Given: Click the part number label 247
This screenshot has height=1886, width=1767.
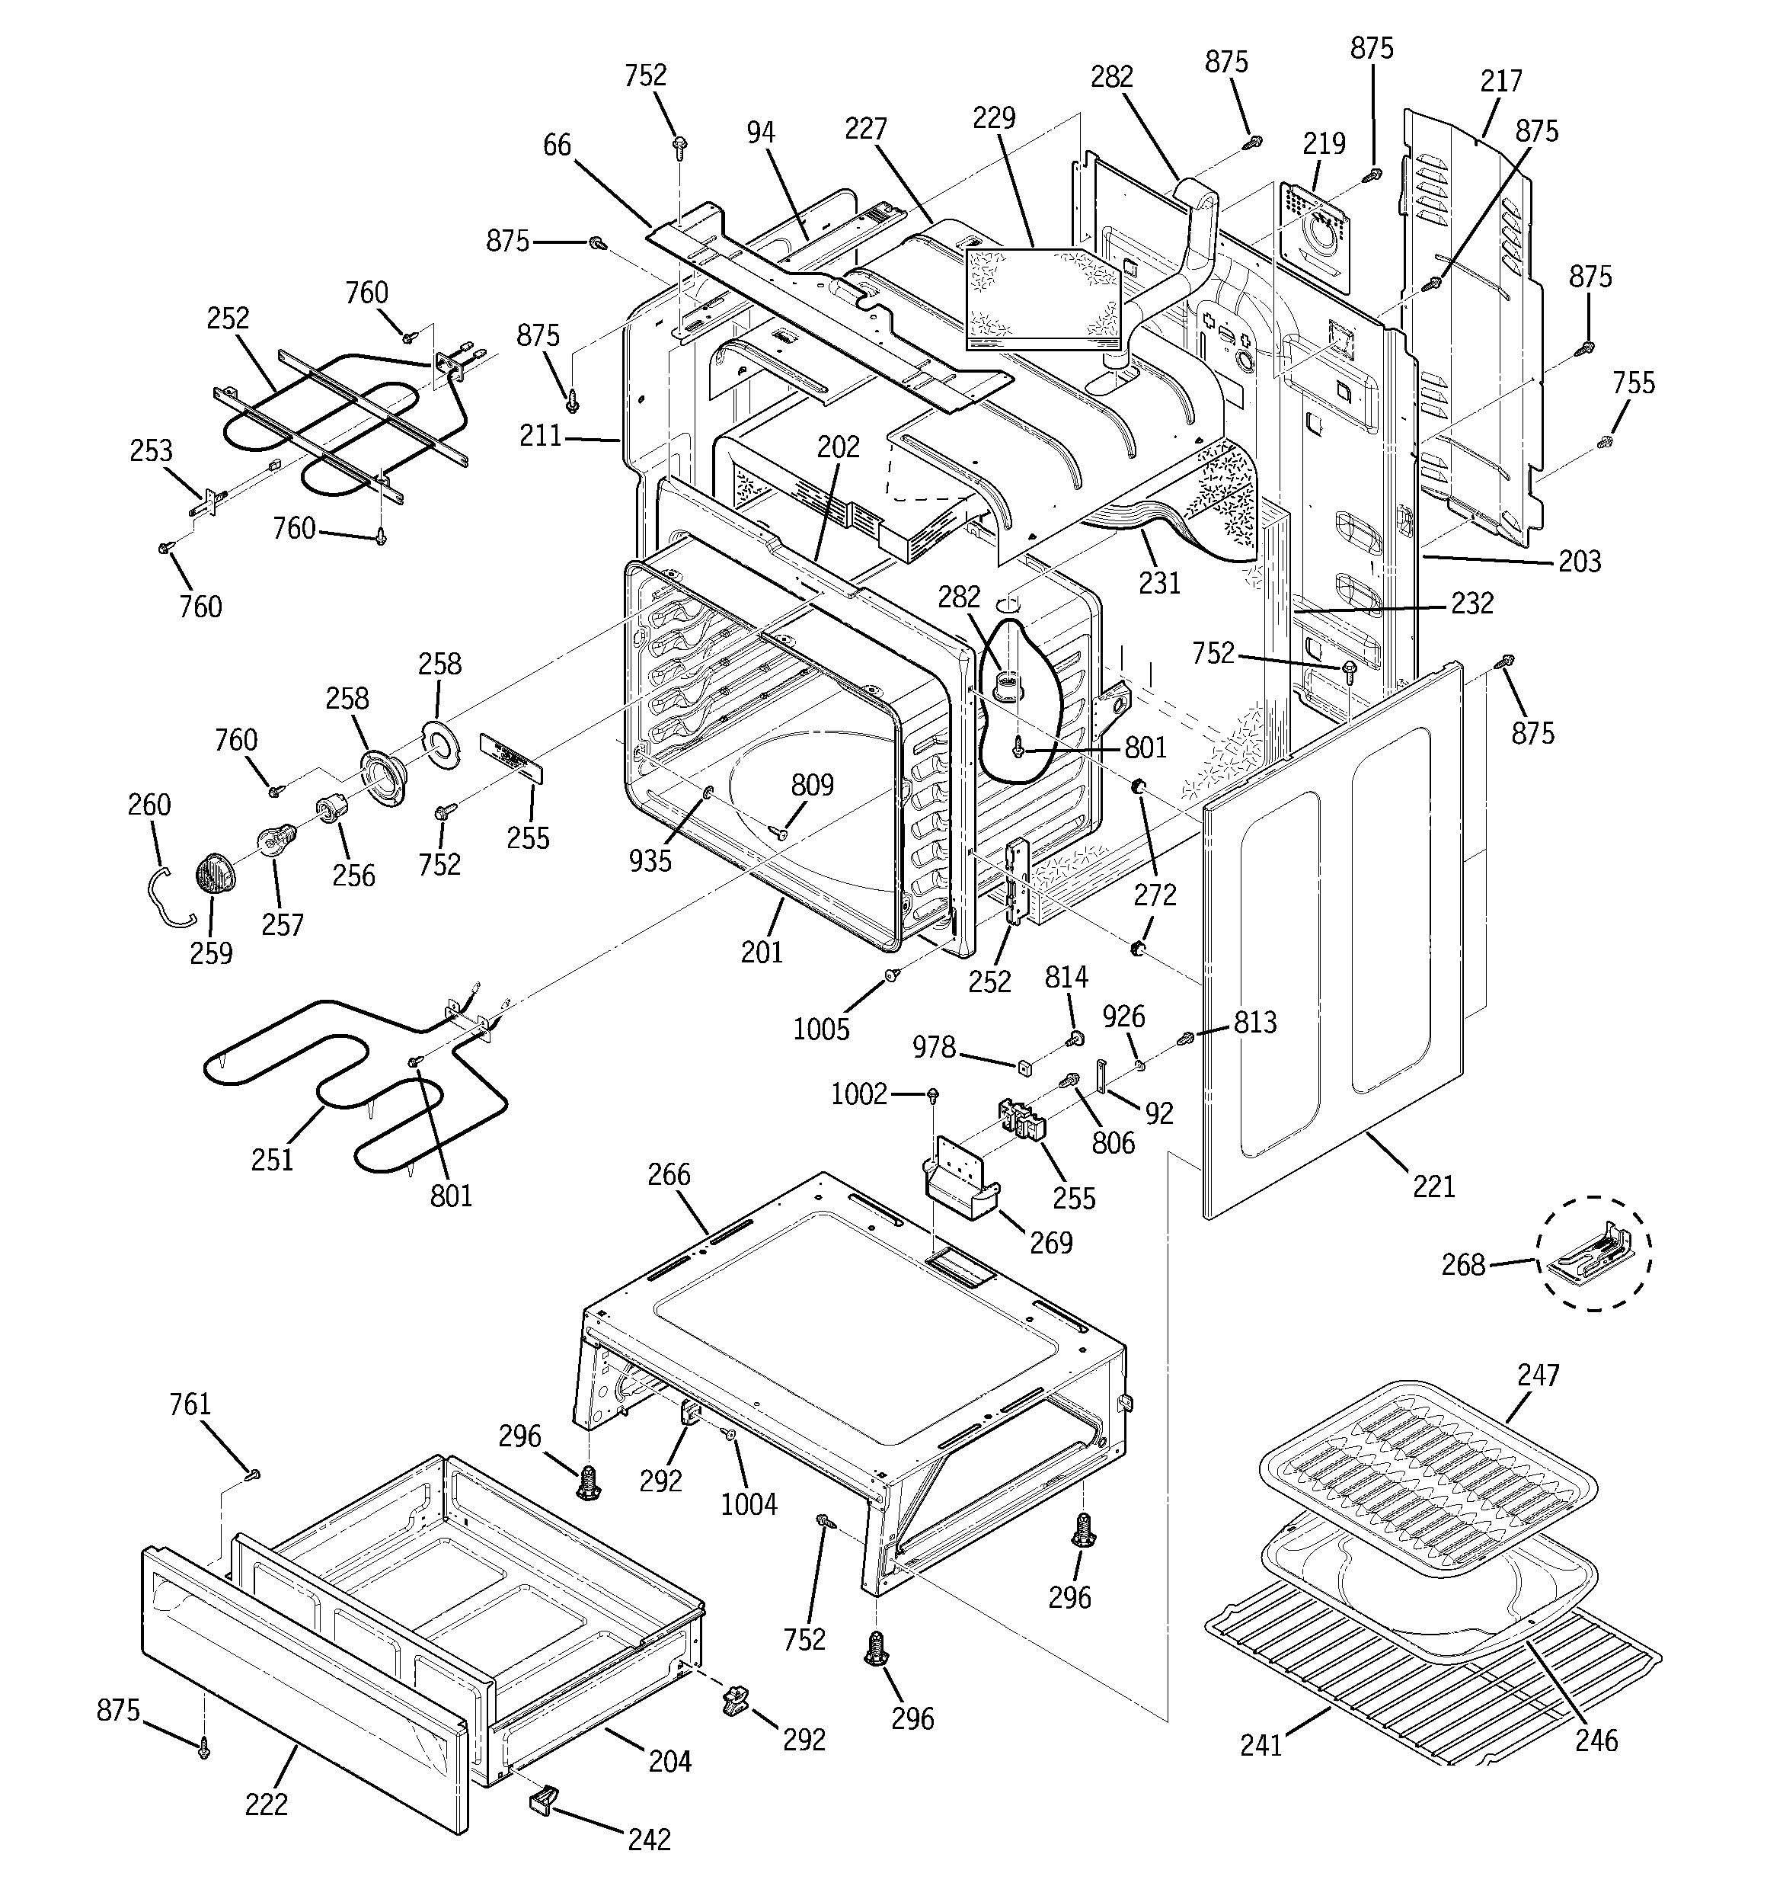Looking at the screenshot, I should click(x=1538, y=1375).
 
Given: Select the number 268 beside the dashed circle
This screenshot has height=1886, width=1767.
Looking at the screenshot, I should click(x=1462, y=1265).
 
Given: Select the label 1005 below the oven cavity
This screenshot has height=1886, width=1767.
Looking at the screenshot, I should click(x=821, y=1029).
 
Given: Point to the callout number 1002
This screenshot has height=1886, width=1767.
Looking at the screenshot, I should click(x=858, y=1093).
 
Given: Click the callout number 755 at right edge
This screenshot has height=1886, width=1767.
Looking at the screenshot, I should click(x=1633, y=383).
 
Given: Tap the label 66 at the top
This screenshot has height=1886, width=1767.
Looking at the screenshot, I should click(x=557, y=145).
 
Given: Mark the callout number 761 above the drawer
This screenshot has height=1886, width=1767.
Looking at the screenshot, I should click(x=190, y=1404).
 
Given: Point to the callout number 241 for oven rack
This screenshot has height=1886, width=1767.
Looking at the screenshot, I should click(x=1261, y=1744).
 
